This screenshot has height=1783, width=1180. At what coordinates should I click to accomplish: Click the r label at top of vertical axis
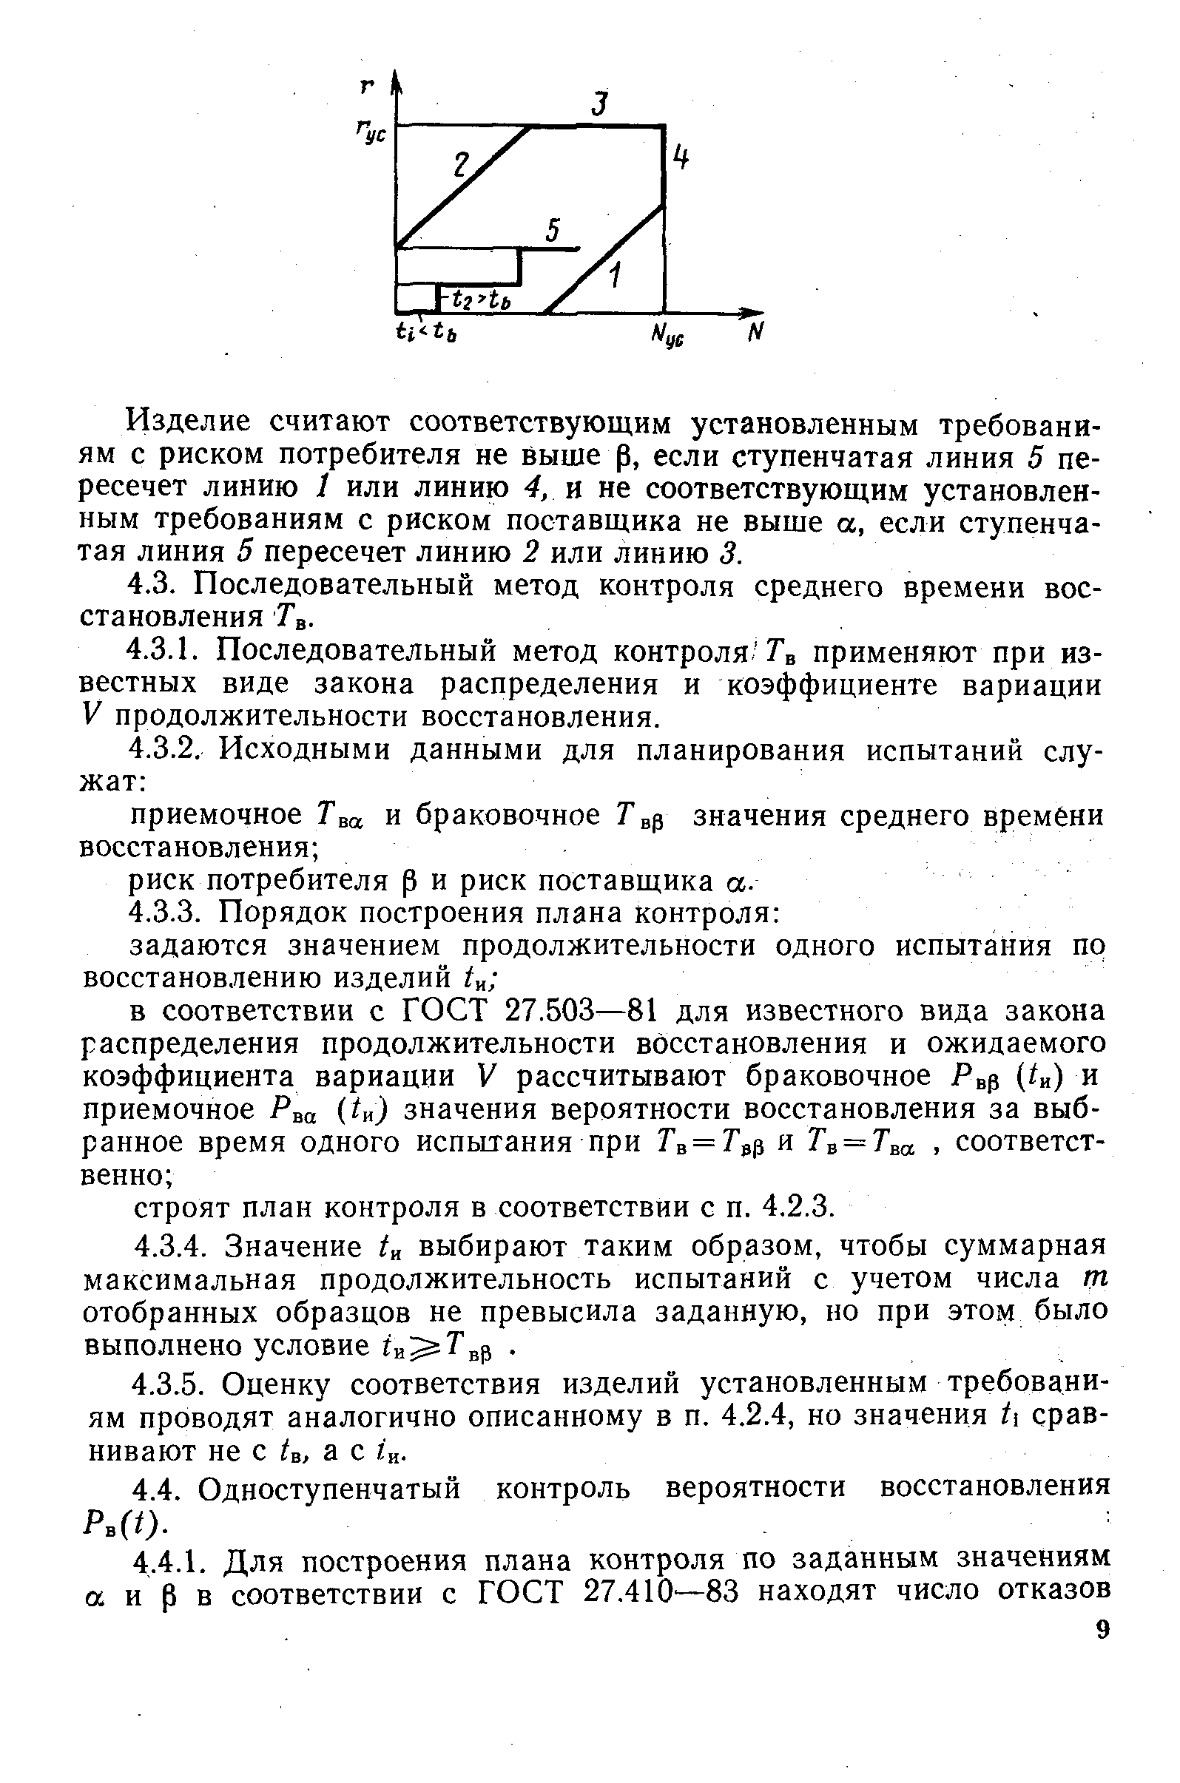[367, 86]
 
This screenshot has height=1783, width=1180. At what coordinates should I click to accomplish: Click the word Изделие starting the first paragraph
[187, 422]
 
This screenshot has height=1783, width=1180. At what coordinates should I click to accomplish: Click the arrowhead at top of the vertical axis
[397, 79]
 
